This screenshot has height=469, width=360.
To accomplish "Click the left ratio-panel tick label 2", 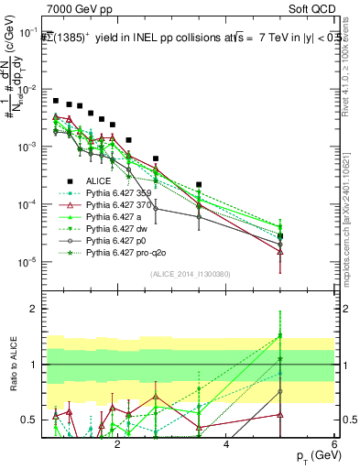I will pos(33,309).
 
